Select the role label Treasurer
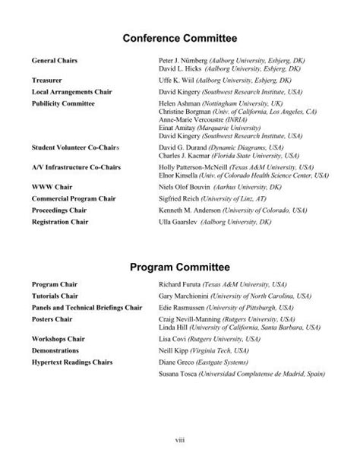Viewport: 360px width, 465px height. pyautogui.click(x=47, y=78)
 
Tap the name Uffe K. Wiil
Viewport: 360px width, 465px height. pyautogui.click(x=176, y=78)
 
